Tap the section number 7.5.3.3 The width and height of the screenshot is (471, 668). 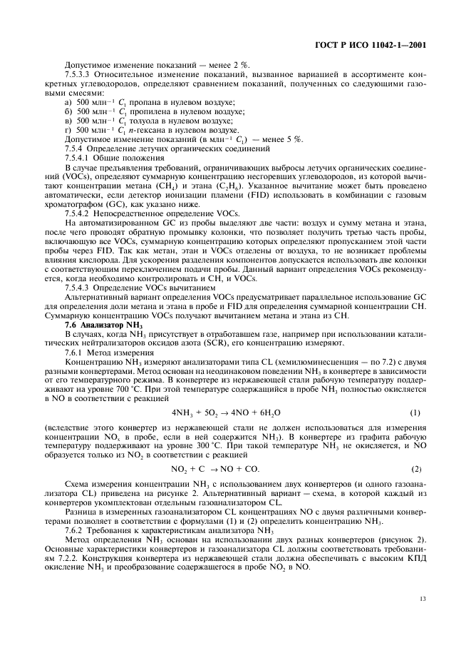click(x=79, y=74)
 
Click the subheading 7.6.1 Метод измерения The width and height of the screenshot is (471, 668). click(x=99, y=353)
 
